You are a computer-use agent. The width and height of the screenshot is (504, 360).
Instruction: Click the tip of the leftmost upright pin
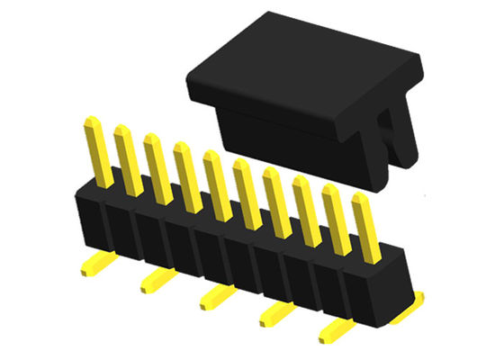point(91,122)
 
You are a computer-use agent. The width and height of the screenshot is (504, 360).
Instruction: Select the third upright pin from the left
point(158,171)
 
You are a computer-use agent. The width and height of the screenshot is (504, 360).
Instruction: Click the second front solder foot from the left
point(155,282)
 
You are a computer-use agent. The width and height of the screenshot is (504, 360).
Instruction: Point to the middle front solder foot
point(216,297)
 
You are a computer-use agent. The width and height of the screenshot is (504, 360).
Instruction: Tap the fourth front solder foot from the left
point(275,314)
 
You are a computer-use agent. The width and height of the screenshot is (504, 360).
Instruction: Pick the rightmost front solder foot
point(335,331)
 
